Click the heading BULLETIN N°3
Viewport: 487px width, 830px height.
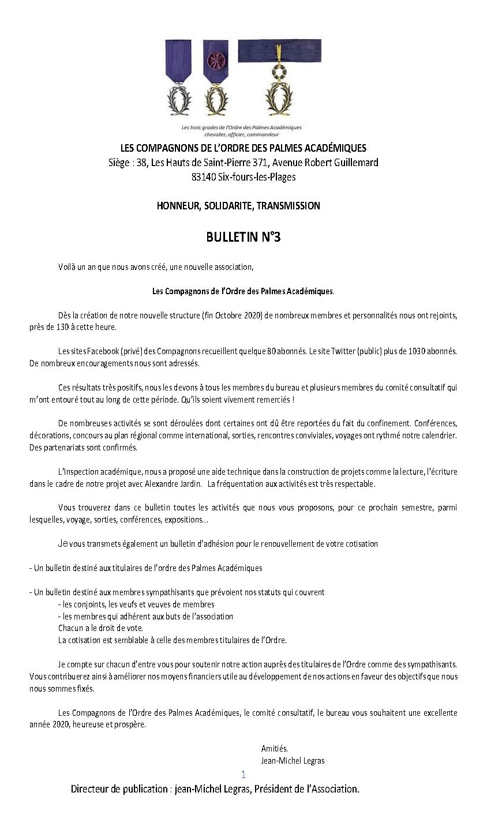(x=243, y=237)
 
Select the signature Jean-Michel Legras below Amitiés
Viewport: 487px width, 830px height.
(x=293, y=761)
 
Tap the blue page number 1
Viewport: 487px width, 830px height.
(x=244, y=774)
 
